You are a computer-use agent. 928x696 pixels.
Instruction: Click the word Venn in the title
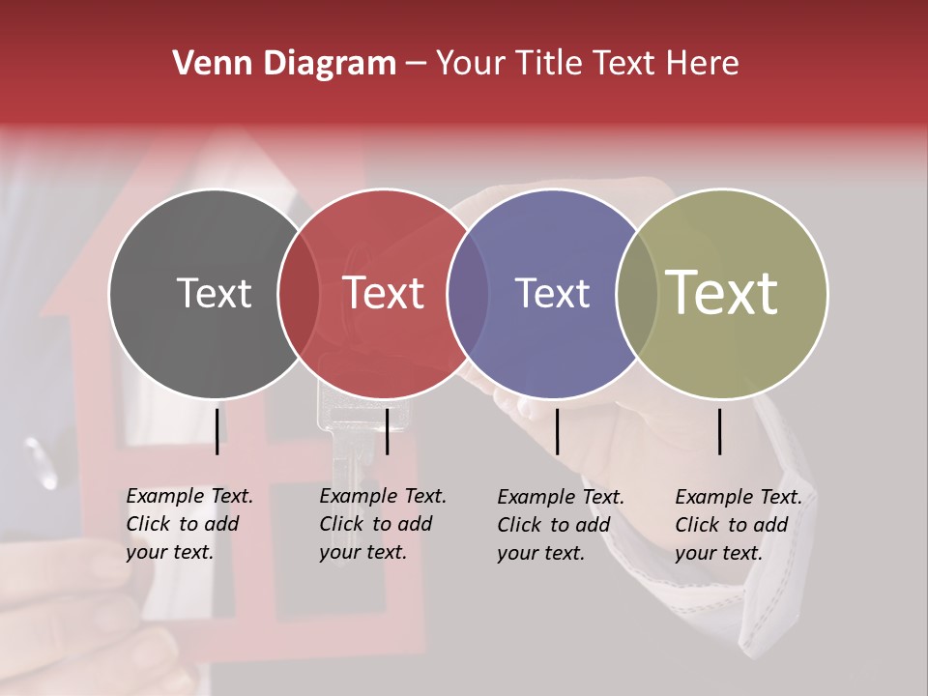pyautogui.click(x=206, y=64)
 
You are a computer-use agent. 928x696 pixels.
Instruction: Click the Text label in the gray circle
pyautogui.click(x=214, y=293)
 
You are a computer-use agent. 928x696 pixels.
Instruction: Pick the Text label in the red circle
pyautogui.click(x=384, y=293)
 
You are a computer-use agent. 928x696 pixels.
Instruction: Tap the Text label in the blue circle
pyautogui.click(x=552, y=293)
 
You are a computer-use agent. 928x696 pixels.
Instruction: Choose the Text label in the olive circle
pyautogui.click(x=722, y=293)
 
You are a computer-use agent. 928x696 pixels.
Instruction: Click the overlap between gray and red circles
pyautogui.click(x=299, y=293)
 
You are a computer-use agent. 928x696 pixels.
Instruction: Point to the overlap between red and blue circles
pyautogui.click(x=468, y=293)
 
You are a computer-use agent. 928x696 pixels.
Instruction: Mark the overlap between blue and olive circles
pyautogui.click(x=635, y=293)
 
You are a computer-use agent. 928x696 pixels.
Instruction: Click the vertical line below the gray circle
pyautogui.click(x=217, y=431)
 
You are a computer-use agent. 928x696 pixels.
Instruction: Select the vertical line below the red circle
pyautogui.click(x=387, y=431)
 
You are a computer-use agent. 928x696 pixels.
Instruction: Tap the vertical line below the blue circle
pyautogui.click(x=557, y=431)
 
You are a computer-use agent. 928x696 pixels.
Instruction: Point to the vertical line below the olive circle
pyautogui.click(x=719, y=431)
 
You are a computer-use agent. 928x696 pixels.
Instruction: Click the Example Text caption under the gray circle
pyautogui.click(x=188, y=524)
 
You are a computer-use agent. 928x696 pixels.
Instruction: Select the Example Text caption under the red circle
pyautogui.click(x=382, y=524)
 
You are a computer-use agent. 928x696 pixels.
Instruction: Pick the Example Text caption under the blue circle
pyautogui.click(x=560, y=525)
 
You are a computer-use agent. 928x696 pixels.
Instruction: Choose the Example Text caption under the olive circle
pyautogui.click(x=738, y=525)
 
